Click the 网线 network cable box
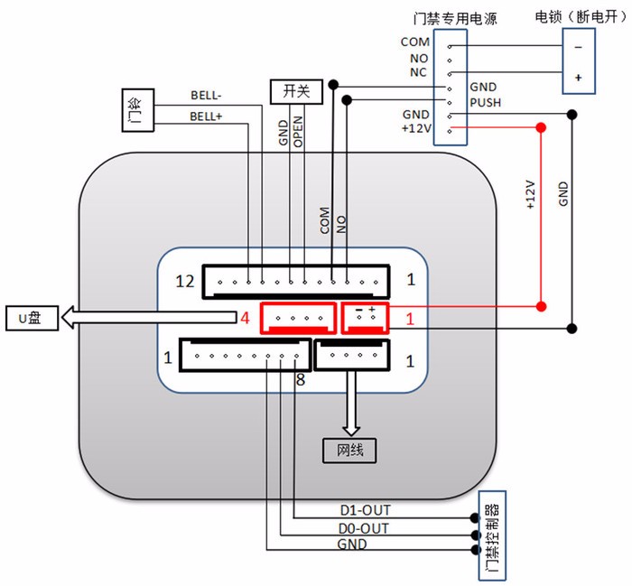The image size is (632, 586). pyautogui.click(x=349, y=449)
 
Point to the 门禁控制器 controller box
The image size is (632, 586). pyautogui.click(x=489, y=537)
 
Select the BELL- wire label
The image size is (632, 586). pyautogui.click(x=207, y=95)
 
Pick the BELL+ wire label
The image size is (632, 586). pyautogui.click(x=207, y=116)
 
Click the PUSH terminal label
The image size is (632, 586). pyautogui.click(x=485, y=102)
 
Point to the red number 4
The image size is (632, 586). pyautogui.click(x=245, y=318)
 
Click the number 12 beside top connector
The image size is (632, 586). pyautogui.click(x=185, y=282)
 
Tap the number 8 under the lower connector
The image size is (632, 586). pyautogui.click(x=301, y=381)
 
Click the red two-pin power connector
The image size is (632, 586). pyautogui.click(x=365, y=317)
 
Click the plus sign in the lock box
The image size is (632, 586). pyautogui.click(x=578, y=79)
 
